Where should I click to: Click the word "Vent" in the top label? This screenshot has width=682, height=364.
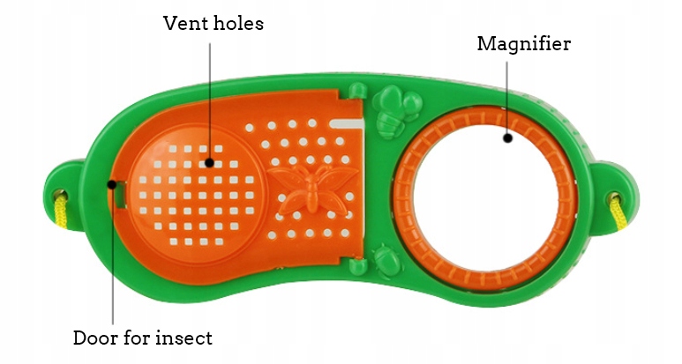[183, 23]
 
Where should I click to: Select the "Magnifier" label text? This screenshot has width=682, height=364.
[523, 44]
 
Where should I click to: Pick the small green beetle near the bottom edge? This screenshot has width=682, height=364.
[385, 260]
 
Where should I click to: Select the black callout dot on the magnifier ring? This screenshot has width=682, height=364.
[508, 137]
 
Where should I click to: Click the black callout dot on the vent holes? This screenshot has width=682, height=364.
[209, 161]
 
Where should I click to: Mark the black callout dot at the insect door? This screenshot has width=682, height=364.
[113, 184]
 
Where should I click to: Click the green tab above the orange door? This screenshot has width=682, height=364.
[356, 92]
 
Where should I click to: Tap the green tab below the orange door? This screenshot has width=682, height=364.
[356, 264]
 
